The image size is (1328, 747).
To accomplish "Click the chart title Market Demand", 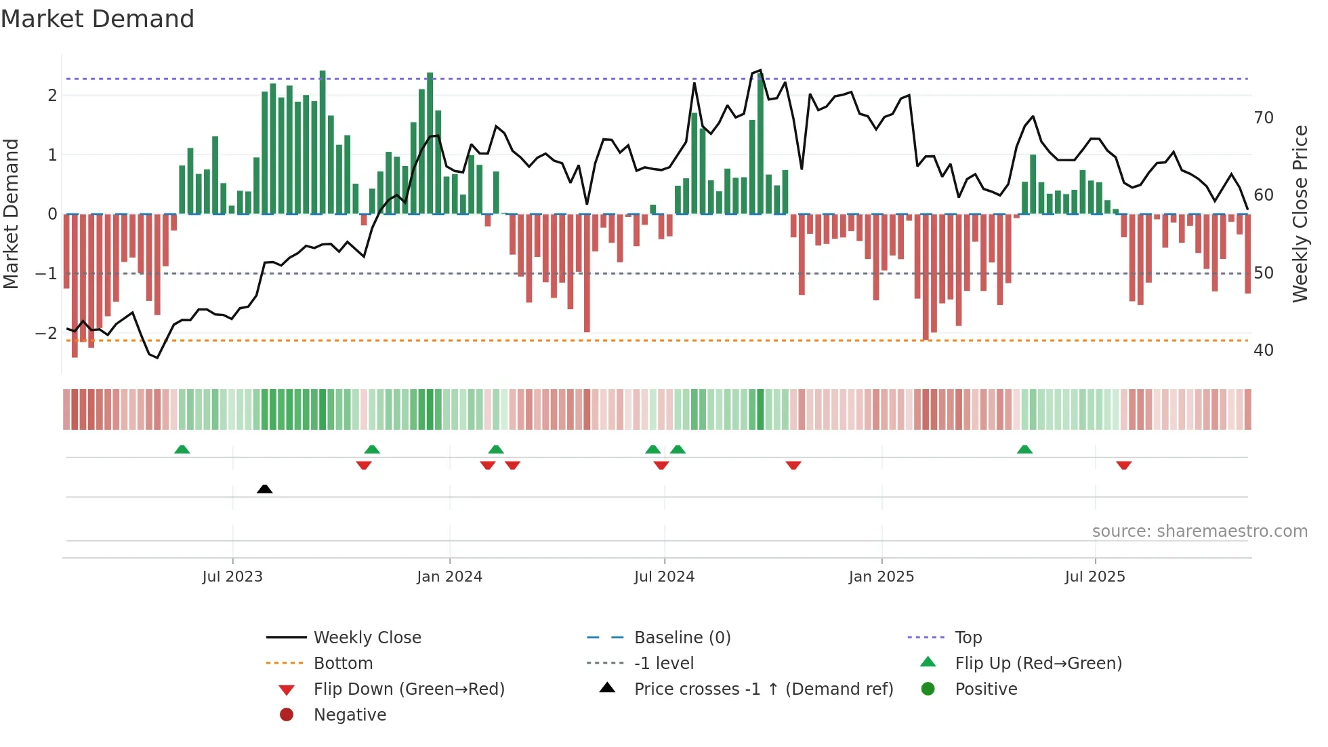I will pos(98,19).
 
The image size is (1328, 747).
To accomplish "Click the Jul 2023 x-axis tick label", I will pos(232,577).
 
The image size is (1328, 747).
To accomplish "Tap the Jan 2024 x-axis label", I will pos(449,577).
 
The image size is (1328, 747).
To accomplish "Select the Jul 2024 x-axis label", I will pos(664,577).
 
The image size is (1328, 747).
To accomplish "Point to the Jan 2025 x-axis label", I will pos(881,577).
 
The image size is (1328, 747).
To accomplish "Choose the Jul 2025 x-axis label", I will pos(1094,577).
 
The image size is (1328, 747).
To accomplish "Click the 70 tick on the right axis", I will pos(1263,118).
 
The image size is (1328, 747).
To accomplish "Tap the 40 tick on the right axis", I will pos(1263,350).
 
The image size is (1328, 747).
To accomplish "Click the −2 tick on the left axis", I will pos(46,333).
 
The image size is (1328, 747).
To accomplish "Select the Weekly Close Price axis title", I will pos(1300,214).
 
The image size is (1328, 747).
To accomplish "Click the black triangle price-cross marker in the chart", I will pos(265,489).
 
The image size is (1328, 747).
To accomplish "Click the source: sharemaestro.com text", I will pos(1199,531).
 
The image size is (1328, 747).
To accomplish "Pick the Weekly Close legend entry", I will pos(367,638).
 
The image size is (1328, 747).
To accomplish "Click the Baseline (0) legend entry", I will pos(682,638).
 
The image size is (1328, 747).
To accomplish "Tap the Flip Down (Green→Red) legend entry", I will pos(409,689).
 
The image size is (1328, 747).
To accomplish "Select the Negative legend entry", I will pos(350,715).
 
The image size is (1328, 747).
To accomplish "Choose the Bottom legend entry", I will pos(343,664).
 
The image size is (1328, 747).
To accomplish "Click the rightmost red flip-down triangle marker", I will pos(1123,465).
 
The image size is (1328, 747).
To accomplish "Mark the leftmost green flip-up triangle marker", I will pos(182,449).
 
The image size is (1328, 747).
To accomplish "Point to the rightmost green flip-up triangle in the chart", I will pos(1024,449).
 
